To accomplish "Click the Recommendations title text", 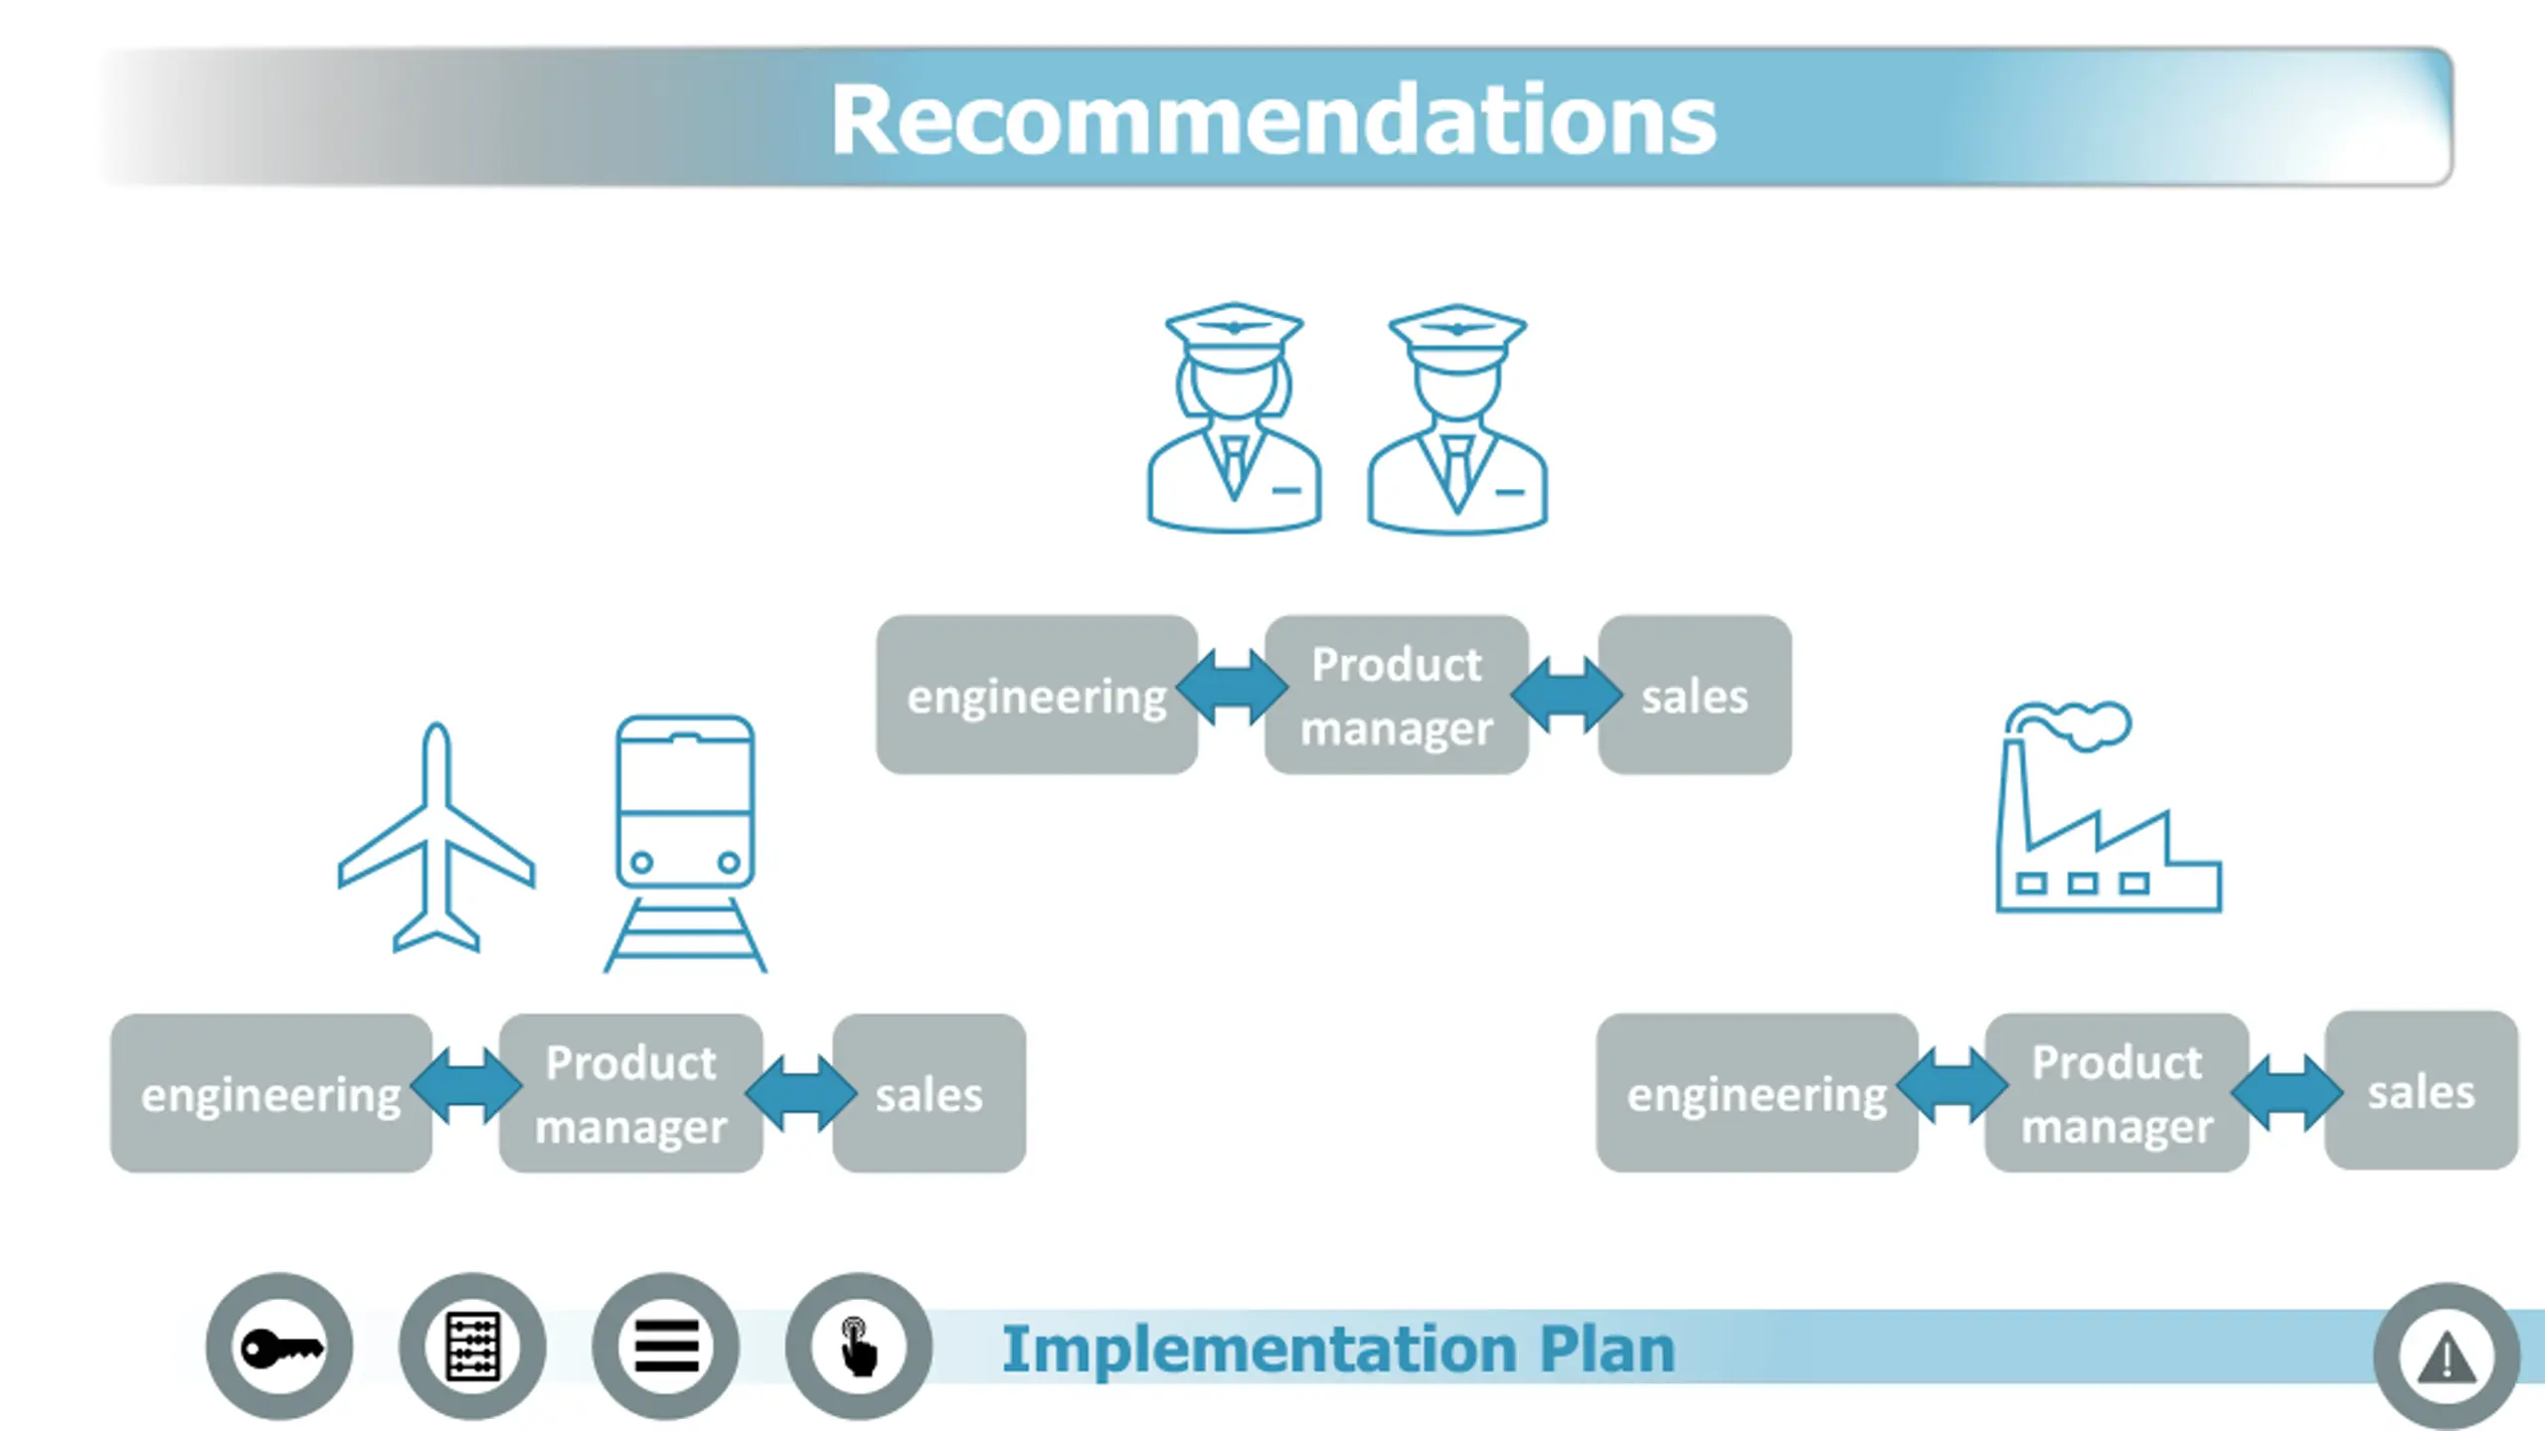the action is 1273,120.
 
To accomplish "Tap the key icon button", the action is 279,1347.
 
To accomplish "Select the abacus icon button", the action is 472,1347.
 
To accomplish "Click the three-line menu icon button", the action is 665,1347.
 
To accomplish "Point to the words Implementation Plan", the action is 1337,1350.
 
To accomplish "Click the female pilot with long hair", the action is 1234,417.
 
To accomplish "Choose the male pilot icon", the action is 1457,417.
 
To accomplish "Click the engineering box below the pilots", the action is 1036,695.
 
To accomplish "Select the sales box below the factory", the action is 2421,1091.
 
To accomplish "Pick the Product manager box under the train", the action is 630,1093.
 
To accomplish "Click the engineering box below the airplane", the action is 270,1093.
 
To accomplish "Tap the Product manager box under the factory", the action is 2117,1093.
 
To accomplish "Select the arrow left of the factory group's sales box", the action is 2287,1091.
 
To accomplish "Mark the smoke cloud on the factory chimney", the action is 2083,722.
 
